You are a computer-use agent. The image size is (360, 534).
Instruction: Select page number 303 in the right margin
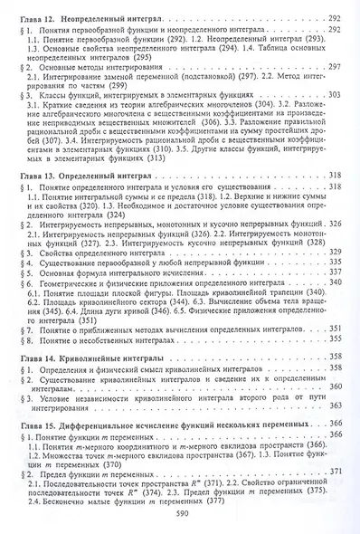(x=332, y=94)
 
